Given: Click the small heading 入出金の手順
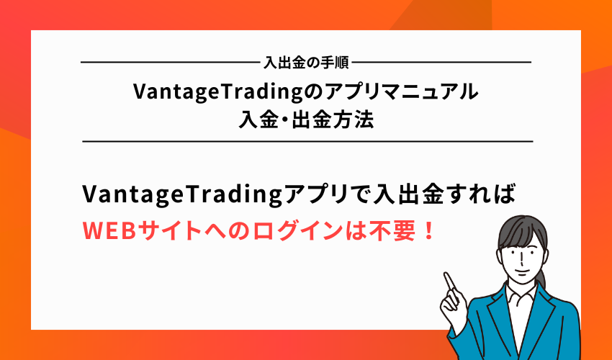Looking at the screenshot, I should pyautogui.click(x=306, y=63).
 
